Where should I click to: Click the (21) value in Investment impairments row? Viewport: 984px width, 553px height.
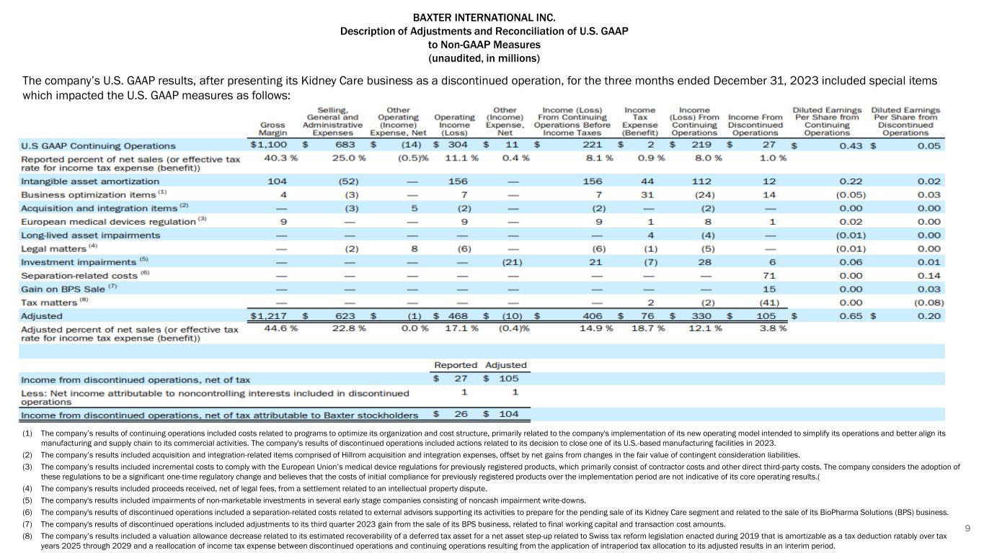(x=512, y=262)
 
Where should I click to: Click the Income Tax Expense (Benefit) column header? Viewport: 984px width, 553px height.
(x=640, y=121)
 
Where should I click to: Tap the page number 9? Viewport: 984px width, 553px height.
(x=968, y=529)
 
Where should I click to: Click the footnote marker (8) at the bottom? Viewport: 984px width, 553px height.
(x=27, y=536)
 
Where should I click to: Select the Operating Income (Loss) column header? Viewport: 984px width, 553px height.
(x=455, y=124)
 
